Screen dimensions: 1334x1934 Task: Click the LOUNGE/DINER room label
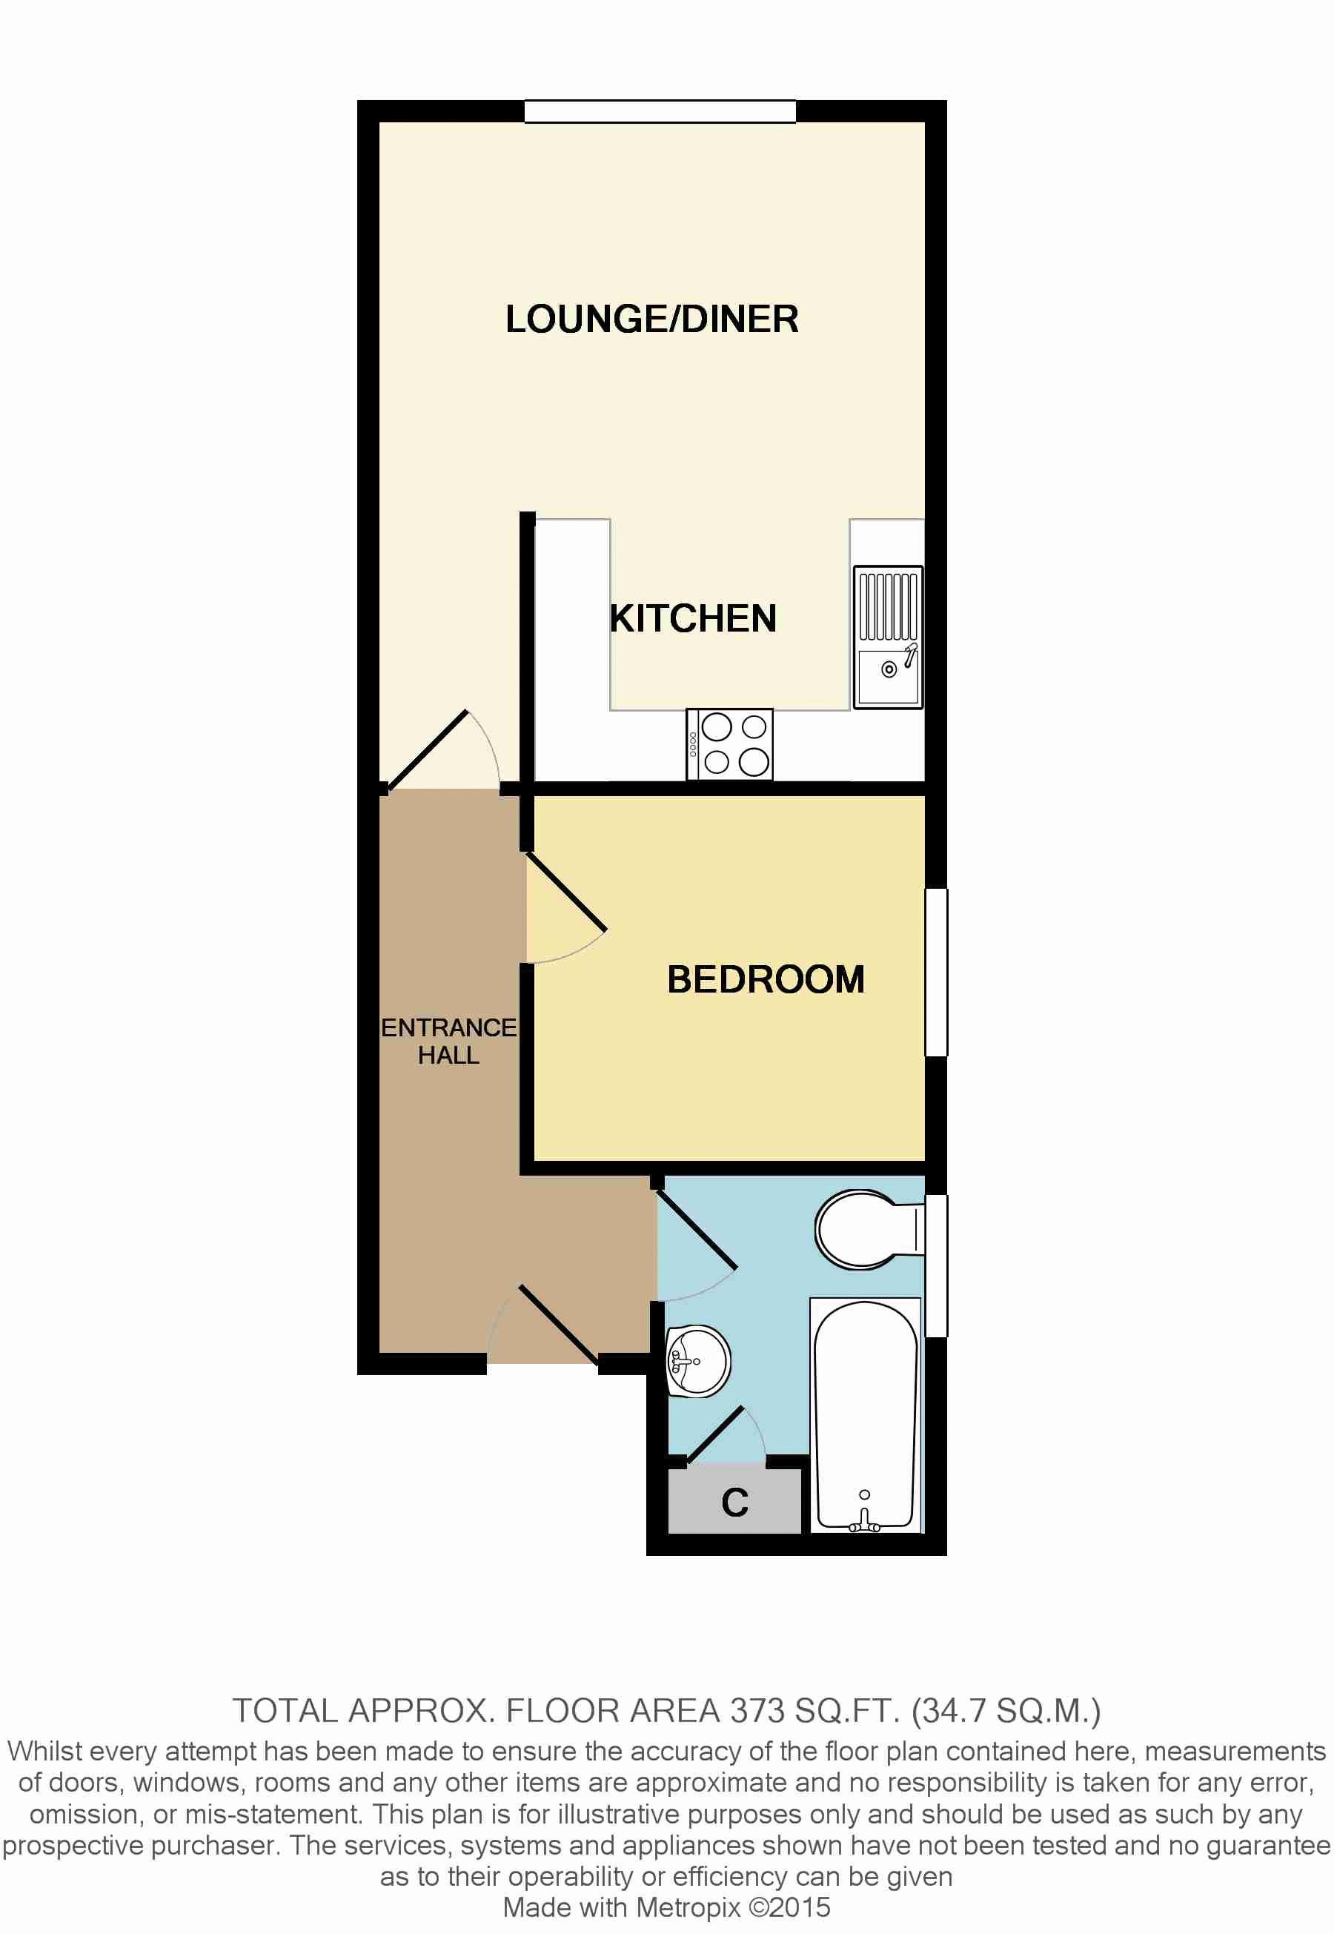(652, 319)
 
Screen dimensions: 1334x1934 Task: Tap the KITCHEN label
(693, 618)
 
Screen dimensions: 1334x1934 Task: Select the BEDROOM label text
(766, 979)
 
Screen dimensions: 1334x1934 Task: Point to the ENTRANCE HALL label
(449, 1041)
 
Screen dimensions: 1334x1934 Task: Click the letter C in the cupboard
(734, 1503)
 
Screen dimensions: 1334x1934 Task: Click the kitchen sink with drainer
(888, 637)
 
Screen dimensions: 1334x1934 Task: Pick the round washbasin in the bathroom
(698, 1361)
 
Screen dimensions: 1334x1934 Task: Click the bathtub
(866, 1415)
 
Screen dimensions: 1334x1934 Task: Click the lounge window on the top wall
(660, 111)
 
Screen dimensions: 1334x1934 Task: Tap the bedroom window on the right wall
(936, 972)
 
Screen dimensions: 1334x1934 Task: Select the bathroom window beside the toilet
(936, 1265)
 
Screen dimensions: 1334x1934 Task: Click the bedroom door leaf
(565, 892)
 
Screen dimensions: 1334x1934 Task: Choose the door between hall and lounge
(427, 749)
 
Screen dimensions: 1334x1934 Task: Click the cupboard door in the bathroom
(714, 1437)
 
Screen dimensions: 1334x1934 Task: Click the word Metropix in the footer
(688, 1907)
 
